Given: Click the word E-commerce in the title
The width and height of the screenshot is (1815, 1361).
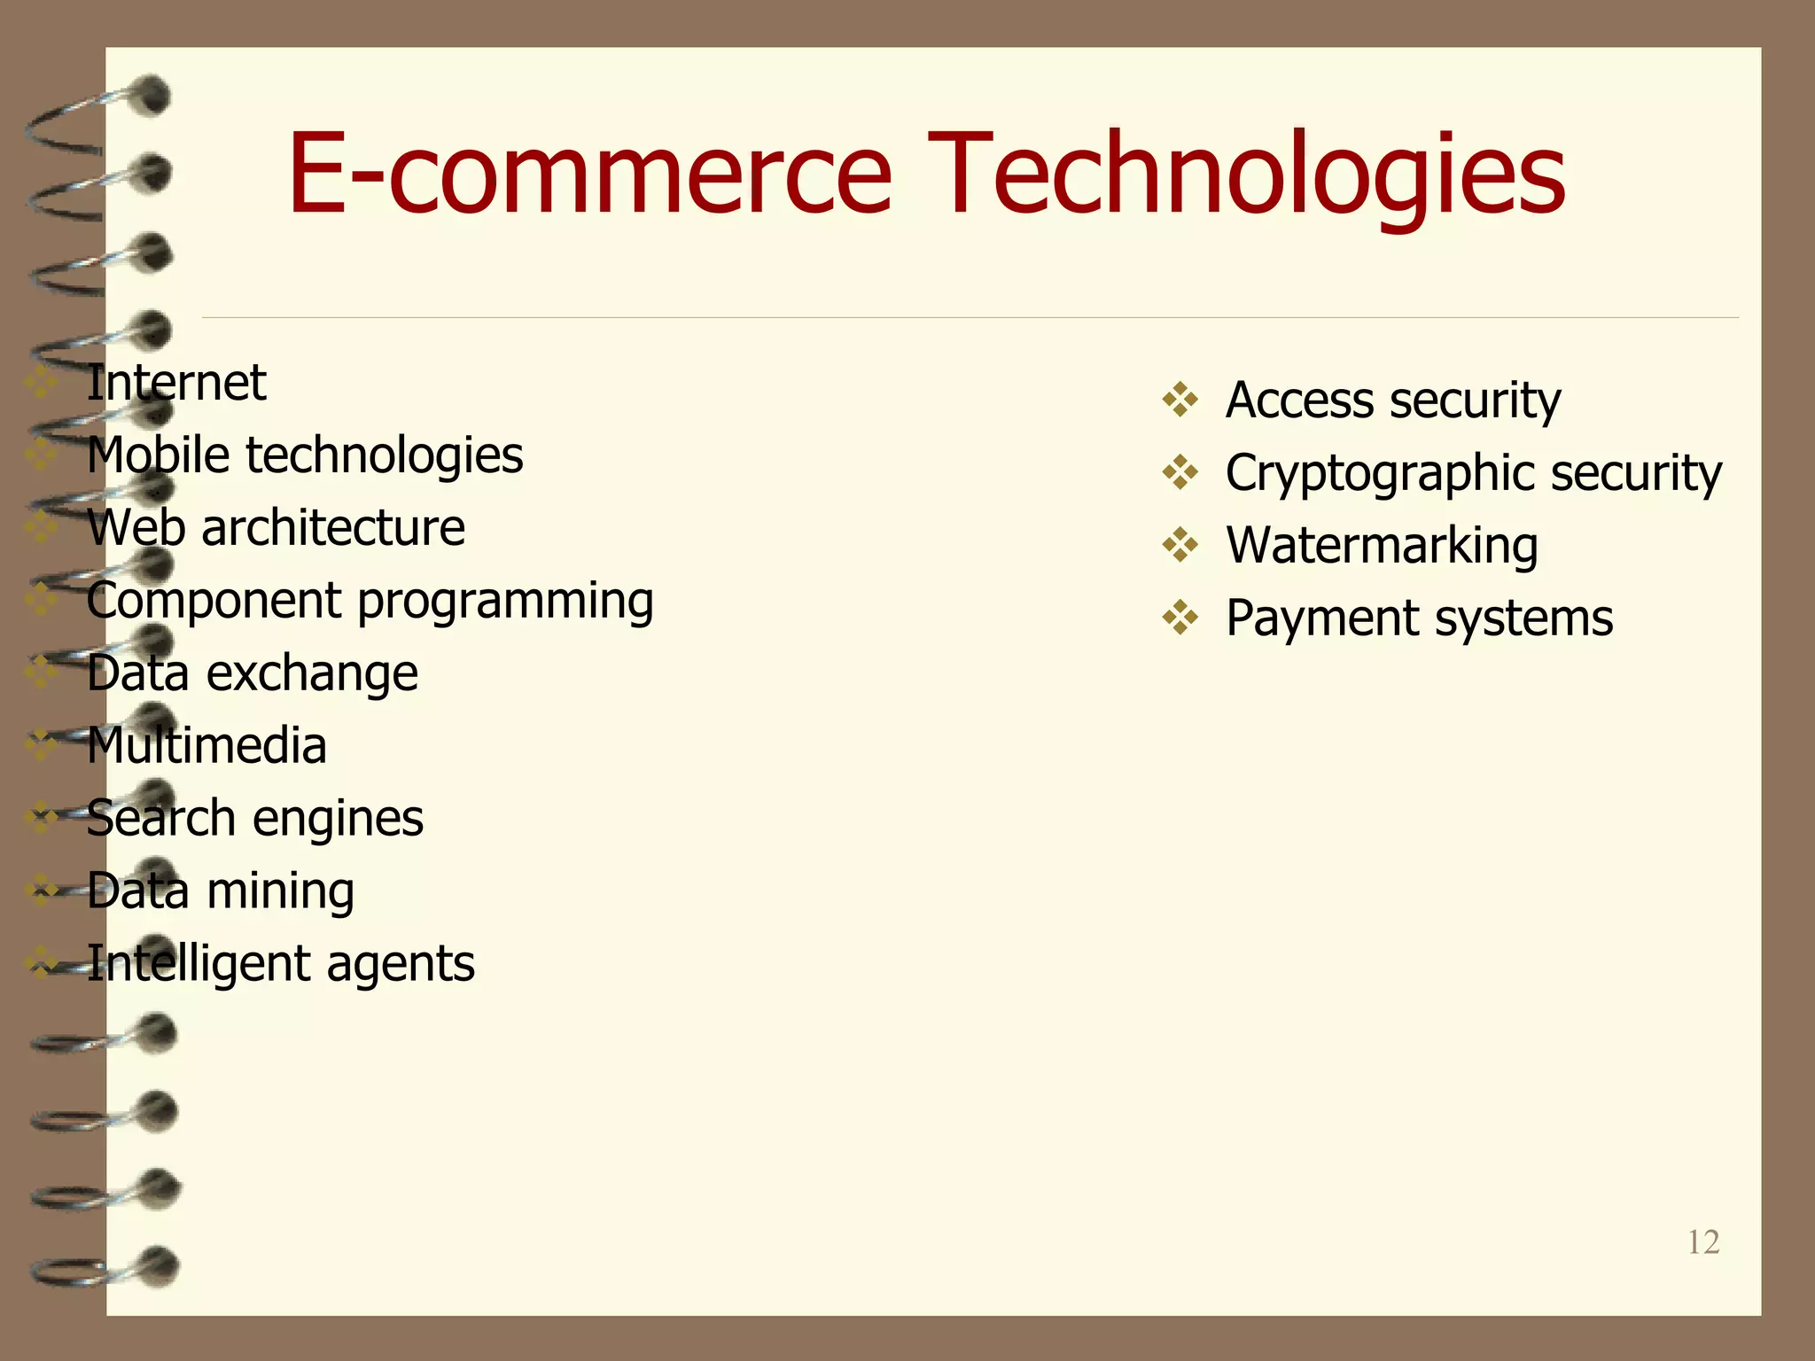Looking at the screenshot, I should (x=589, y=174).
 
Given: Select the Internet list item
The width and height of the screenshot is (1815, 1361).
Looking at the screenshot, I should (x=176, y=383).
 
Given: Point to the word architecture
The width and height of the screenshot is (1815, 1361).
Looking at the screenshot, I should (x=333, y=528).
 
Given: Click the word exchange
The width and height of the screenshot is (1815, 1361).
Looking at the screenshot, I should (x=312, y=673).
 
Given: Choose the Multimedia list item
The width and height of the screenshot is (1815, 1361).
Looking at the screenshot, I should (x=206, y=746).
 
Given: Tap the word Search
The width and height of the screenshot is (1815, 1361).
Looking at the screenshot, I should (x=160, y=818).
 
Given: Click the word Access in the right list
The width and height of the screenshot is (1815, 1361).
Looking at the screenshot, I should (x=1299, y=401).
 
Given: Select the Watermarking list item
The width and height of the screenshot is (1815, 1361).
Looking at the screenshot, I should (x=1382, y=546).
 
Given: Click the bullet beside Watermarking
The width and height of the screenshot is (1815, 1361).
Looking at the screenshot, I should (x=1180, y=545).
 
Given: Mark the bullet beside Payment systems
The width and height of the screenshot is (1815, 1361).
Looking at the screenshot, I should (x=1180, y=618).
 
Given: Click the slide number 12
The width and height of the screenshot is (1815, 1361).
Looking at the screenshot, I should (x=1702, y=1242).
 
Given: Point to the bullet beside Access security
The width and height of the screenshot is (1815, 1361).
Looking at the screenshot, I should (x=1180, y=400).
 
